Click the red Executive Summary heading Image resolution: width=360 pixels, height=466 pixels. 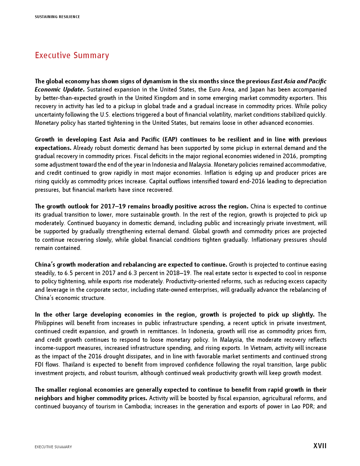coord(72,55)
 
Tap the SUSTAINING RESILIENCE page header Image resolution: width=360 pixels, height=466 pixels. coord(57,17)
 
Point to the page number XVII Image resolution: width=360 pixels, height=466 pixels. coord(320,446)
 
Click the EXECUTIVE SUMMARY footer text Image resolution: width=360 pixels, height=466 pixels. coord(53,447)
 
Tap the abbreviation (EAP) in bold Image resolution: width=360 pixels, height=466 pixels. coord(169,140)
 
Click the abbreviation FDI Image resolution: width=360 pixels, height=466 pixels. coord(40,365)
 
